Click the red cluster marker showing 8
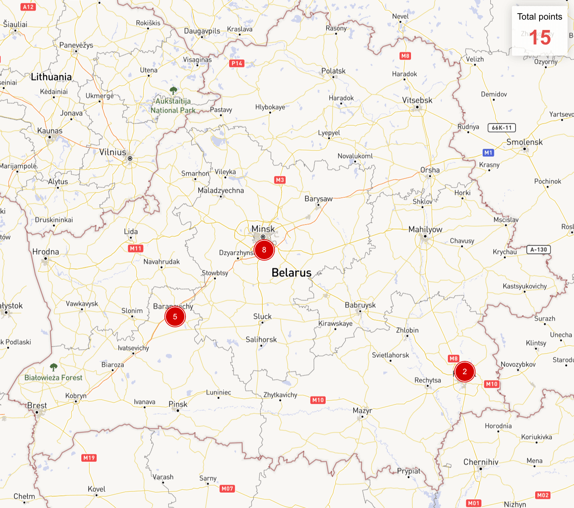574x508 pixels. pos(264,250)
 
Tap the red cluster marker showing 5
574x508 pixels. pos(175,317)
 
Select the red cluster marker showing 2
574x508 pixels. pos(465,371)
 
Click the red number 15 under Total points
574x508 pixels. pos(540,38)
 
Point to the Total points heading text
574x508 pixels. pos(540,17)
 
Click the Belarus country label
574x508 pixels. pos(291,273)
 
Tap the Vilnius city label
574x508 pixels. pos(113,152)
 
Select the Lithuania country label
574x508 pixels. pos(51,77)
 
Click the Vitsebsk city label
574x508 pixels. pos(417,101)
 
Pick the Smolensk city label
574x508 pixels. pos(524,142)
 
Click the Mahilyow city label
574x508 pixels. pos(425,230)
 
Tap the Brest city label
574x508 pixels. pos(37,405)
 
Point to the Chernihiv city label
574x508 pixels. pos(481,462)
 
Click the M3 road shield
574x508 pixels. pos(280,180)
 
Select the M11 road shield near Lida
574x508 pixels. pos(135,248)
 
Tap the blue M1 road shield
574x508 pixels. pos(488,153)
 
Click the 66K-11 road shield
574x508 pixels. pos(501,128)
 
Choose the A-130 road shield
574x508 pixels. pos(538,250)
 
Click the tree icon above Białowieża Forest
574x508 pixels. pos(54,367)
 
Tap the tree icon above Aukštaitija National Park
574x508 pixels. pos(173,90)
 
